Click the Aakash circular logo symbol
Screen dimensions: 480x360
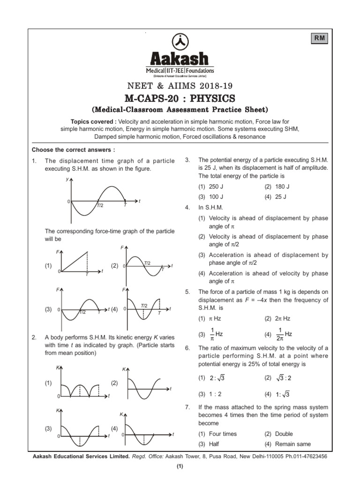(180, 42)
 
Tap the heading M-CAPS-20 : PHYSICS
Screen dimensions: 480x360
(180, 98)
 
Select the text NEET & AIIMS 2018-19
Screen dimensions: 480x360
(180, 85)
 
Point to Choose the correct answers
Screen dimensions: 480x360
(73, 150)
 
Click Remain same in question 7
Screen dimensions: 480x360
(293, 444)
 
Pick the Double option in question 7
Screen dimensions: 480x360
(284, 434)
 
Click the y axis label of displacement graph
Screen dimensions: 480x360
(67, 179)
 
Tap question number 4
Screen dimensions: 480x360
(187, 207)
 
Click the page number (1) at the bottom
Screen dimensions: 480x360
(180, 466)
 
